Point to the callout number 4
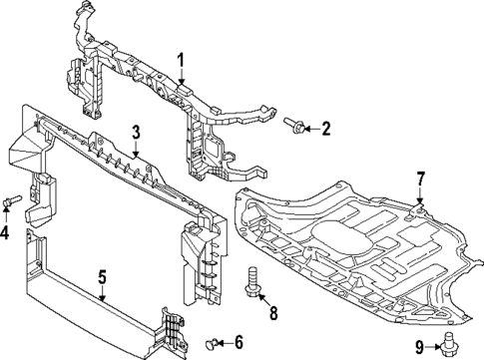point(7,234)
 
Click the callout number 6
point(238,342)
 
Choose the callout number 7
point(420,179)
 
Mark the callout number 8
point(272,314)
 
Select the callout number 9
point(420,346)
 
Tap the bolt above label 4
point(11,203)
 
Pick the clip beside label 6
point(212,343)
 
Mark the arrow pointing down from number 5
point(102,295)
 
